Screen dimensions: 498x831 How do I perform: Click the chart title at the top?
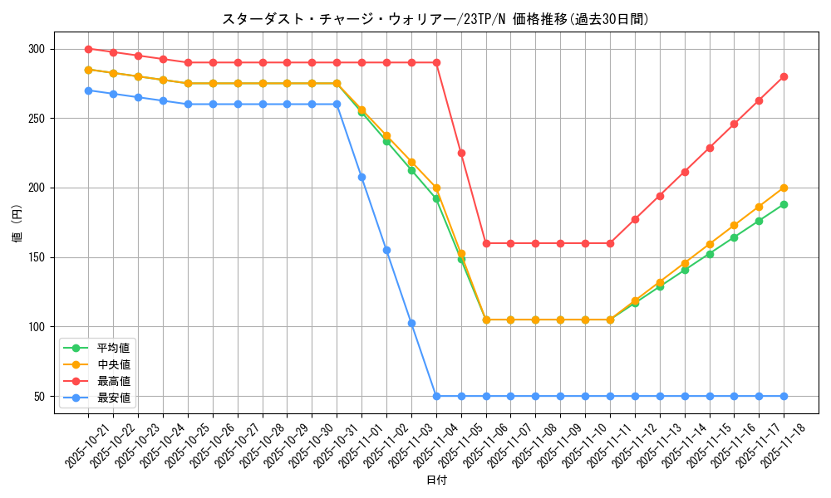pyautogui.click(x=435, y=19)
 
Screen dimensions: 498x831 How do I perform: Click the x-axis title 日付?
pyautogui.click(x=435, y=481)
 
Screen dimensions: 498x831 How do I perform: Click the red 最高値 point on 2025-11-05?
pyautogui.click(x=461, y=153)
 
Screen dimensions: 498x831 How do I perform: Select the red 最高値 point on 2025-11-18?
pyautogui.click(x=784, y=76)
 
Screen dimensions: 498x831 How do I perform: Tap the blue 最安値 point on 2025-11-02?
pyautogui.click(x=386, y=250)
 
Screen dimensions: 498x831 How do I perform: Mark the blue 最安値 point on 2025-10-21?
pyautogui.click(x=88, y=90)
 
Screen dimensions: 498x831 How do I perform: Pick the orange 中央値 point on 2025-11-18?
pyautogui.click(x=784, y=188)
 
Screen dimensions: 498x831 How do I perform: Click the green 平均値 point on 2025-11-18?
pyautogui.click(x=784, y=204)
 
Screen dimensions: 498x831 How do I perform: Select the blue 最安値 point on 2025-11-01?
pyautogui.click(x=361, y=177)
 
